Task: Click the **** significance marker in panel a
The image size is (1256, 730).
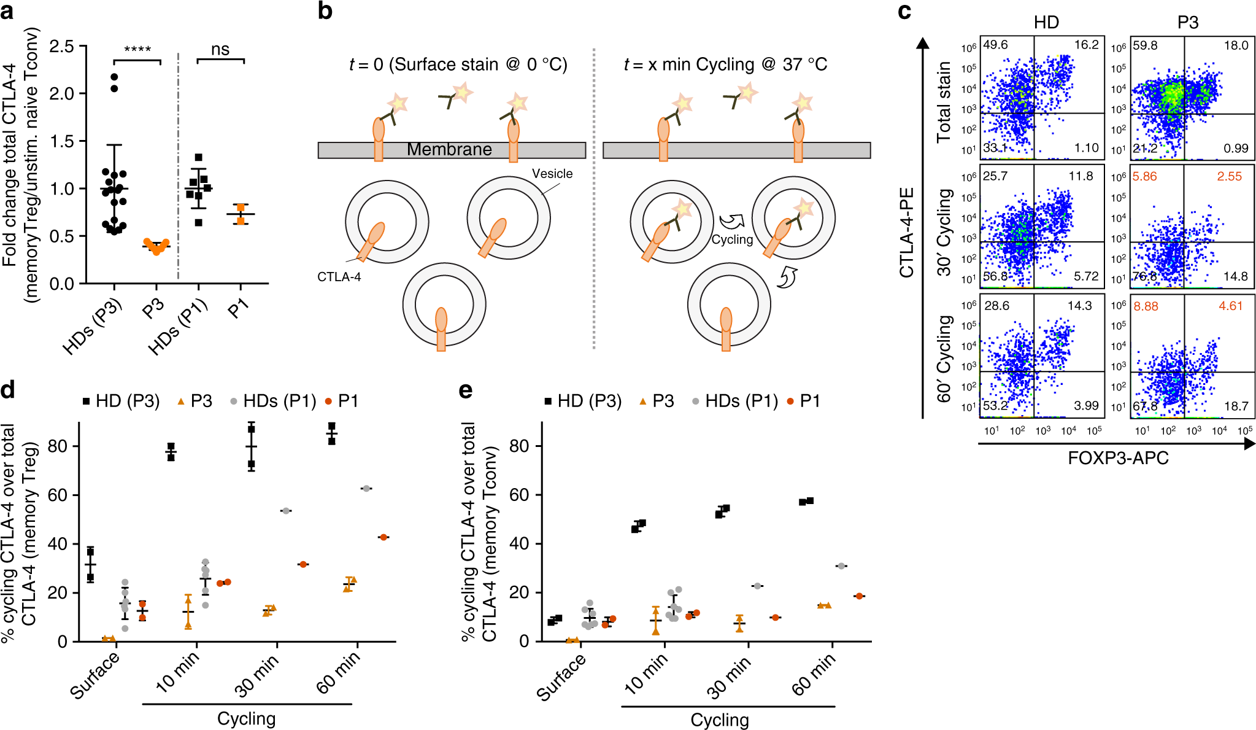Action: (x=137, y=50)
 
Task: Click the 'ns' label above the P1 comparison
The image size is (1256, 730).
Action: (x=220, y=49)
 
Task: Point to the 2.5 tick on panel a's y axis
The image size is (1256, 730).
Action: (x=61, y=47)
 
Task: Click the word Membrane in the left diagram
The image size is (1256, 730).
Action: (x=449, y=149)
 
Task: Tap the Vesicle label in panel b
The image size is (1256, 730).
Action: (x=552, y=174)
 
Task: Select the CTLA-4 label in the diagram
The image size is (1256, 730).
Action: (x=339, y=277)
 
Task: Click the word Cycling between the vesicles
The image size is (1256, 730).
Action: (x=732, y=239)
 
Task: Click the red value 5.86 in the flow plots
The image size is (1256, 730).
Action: (x=1144, y=176)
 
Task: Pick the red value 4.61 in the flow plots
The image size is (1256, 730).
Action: (x=1230, y=306)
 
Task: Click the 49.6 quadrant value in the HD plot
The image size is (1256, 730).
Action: (x=995, y=45)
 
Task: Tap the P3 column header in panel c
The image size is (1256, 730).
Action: (x=1187, y=23)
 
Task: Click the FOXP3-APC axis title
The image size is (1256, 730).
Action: (x=1118, y=458)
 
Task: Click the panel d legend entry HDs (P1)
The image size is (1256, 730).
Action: (x=279, y=402)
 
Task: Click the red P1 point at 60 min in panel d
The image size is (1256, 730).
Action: (x=383, y=537)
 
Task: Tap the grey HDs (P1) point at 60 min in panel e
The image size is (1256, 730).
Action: (x=841, y=566)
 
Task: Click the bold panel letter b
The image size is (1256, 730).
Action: (x=325, y=11)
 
